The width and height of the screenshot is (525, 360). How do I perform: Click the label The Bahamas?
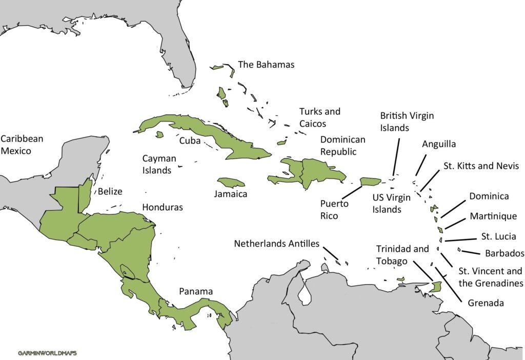pyautogui.click(x=266, y=65)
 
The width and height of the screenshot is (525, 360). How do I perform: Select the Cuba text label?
pyautogui.click(x=190, y=140)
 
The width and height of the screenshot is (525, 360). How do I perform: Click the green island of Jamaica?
pyautogui.click(x=231, y=183)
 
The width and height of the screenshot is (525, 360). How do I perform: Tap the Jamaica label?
pyautogui.click(x=231, y=194)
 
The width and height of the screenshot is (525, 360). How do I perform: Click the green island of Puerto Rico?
pyautogui.click(x=370, y=181)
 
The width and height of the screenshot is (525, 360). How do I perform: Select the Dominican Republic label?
pyautogui.click(x=343, y=146)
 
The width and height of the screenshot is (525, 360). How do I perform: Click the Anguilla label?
pyautogui.click(x=439, y=144)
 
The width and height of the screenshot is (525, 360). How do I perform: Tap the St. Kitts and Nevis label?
pyautogui.click(x=480, y=166)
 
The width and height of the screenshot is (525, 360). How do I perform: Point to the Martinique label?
pyautogui.click(x=493, y=216)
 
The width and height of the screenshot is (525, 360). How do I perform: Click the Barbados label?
pyautogui.click(x=504, y=253)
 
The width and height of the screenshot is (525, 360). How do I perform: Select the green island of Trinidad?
pyautogui.click(x=436, y=287)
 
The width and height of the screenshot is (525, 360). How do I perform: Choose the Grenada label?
pyautogui.click(x=486, y=303)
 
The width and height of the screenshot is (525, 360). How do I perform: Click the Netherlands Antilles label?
pyautogui.click(x=277, y=244)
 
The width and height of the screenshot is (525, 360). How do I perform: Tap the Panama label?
pyautogui.click(x=196, y=291)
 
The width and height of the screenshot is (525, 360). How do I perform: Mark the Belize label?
pyautogui.click(x=110, y=192)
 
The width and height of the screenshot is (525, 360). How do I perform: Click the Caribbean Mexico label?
pyautogui.click(x=22, y=145)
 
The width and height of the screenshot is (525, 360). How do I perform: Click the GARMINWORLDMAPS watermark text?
pyautogui.click(x=47, y=353)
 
